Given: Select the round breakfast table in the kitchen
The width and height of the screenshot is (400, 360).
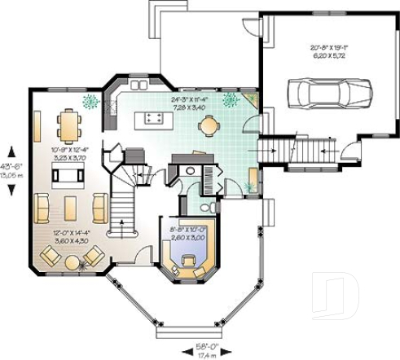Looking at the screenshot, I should (210, 125).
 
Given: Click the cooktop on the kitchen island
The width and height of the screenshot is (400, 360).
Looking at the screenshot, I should (153, 119).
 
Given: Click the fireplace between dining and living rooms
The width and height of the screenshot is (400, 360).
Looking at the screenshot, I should (64, 178).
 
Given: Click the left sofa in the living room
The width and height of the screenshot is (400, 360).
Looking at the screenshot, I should (42, 209).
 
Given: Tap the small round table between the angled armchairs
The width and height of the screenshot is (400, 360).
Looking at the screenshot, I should (73, 263).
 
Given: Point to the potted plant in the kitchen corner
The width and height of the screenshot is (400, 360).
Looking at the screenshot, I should (231, 99).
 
